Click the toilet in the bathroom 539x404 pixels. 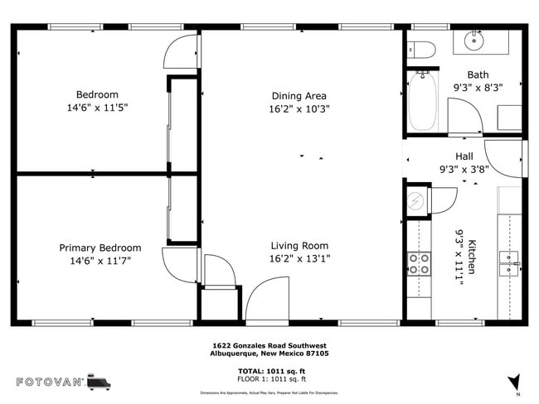423,50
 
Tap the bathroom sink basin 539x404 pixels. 475,38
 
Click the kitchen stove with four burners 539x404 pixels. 419,263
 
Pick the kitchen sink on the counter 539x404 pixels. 508,264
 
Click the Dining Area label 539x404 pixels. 299,95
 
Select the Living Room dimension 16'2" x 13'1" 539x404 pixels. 299,258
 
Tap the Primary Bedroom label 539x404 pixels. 100,248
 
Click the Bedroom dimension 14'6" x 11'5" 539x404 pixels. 97,108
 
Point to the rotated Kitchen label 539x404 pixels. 473,257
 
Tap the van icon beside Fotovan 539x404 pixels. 99,382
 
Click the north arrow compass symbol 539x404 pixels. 516,382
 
